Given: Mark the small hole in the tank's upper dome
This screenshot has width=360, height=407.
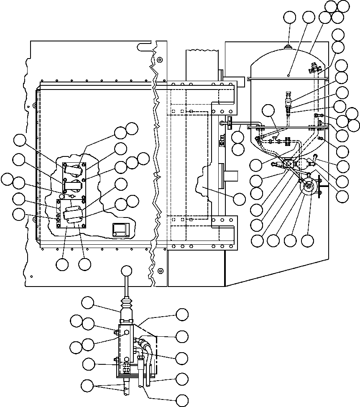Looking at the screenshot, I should [289, 75].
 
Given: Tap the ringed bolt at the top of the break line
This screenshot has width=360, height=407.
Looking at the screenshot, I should [159, 60].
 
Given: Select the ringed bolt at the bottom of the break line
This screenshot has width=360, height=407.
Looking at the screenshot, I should [160, 271].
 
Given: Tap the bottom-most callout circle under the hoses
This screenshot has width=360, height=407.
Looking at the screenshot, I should [182, 400].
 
